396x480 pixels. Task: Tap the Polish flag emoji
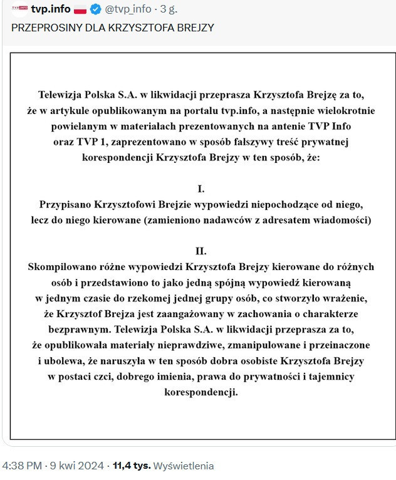point(81,9)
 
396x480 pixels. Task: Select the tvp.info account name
point(51,9)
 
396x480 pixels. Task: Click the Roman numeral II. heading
point(201,251)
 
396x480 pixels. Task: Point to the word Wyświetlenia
point(184,466)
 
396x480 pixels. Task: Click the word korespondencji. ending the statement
point(201,394)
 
